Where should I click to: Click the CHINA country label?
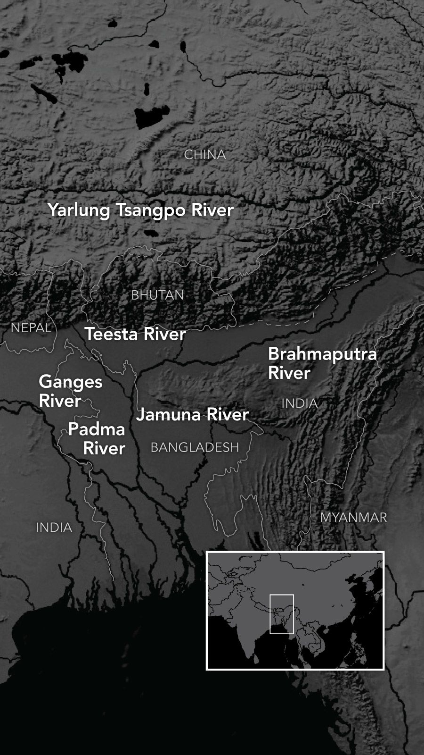[205, 155]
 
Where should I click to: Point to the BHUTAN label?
[157, 295]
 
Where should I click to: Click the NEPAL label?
[31, 328]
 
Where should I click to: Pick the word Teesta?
[112, 334]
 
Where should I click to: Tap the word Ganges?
[71, 381]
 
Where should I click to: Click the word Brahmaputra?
[323, 353]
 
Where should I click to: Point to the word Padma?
[97, 429]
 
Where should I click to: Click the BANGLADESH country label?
[195, 447]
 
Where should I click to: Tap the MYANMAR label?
[353, 517]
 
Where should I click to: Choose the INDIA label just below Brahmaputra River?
[300, 404]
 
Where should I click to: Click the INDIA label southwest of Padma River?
[54, 528]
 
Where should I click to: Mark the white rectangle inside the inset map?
[282, 613]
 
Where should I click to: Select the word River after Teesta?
[165, 334]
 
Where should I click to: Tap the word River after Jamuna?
[228, 415]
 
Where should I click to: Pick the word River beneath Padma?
[104, 448]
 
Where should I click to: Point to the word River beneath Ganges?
[60, 401]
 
